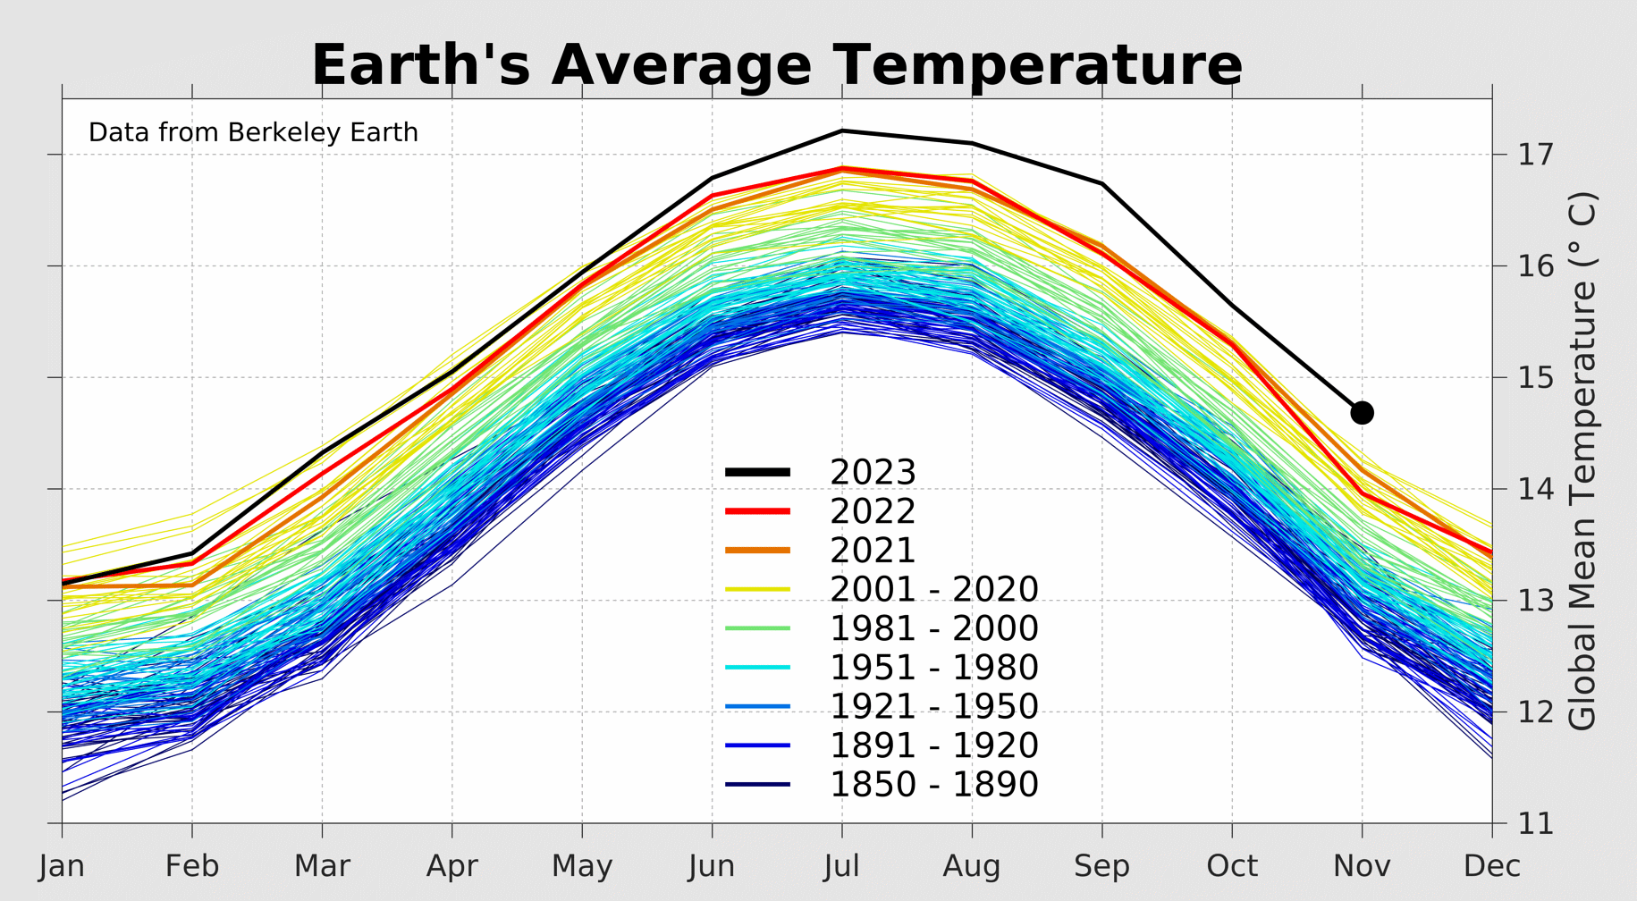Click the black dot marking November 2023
click(1362, 412)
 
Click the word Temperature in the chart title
click(1038, 65)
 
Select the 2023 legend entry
click(873, 472)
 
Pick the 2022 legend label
click(873, 511)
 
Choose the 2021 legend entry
click(873, 551)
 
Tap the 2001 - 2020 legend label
click(933, 590)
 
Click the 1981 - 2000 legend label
click(933, 628)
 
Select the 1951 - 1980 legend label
click(933, 668)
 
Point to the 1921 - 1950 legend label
click(933, 706)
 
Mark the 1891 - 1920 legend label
click(933, 745)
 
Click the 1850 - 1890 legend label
click(933, 785)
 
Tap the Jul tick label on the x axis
click(841, 866)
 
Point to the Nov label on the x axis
click(1362, 866)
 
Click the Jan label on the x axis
click(62, 866)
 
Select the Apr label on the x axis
click(451, 866)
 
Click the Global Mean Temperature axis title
click(1582, 460)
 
